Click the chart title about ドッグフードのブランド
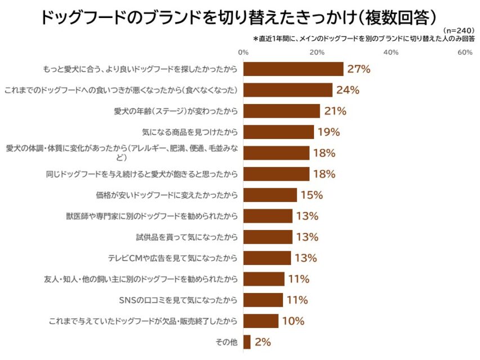[239, 17]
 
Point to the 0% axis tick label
[244, 52]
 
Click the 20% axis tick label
[317, 52]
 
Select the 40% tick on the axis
[391, 52]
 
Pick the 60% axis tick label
[465, 52]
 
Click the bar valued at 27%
[293, 69]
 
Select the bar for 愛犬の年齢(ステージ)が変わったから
[282, 111]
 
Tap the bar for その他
[247, 342]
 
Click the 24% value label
[348, 90]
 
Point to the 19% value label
[329, 132]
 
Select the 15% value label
[311, 195]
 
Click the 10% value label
[293, 321]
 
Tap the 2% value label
[263, 342]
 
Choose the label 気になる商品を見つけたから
[190, 132]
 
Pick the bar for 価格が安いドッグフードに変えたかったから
[270, 195]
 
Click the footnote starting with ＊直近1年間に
[364, 39]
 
